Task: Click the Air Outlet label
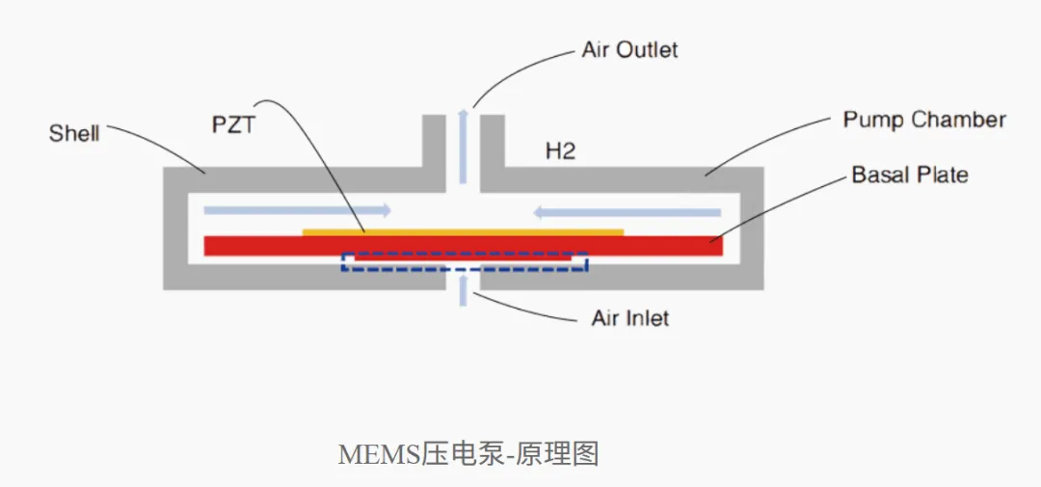point(630,50)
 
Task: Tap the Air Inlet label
point(630,318)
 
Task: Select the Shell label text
point(74,133)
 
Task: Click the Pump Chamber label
point(924,121)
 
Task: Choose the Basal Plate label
point(910,175)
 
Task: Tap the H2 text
point(560,151)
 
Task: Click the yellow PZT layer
point(464,231)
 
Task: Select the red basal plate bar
point(464,246)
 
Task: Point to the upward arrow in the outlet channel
point(464,147)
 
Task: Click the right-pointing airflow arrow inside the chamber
point(297,210)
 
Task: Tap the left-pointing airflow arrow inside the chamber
point(627,212)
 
